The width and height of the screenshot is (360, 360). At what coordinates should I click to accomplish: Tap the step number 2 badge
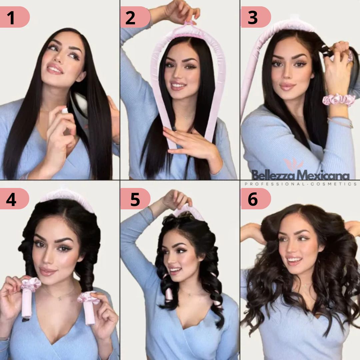[x=135, y=17]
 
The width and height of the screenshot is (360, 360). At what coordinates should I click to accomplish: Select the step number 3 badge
[x=256, y=17]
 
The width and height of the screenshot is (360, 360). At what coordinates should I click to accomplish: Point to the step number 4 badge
[x=14, y=199]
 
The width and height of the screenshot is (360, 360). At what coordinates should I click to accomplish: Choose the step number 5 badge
[x=135, y=199]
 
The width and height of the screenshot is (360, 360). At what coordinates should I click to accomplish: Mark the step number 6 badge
[x=256, y=199]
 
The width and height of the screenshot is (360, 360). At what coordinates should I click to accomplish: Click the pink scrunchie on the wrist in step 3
[x=339, y=100]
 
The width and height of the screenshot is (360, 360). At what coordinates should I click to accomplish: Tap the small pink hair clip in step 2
[x=191, y=23]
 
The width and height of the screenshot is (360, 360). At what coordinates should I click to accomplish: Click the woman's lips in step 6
[x=295, y=260]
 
